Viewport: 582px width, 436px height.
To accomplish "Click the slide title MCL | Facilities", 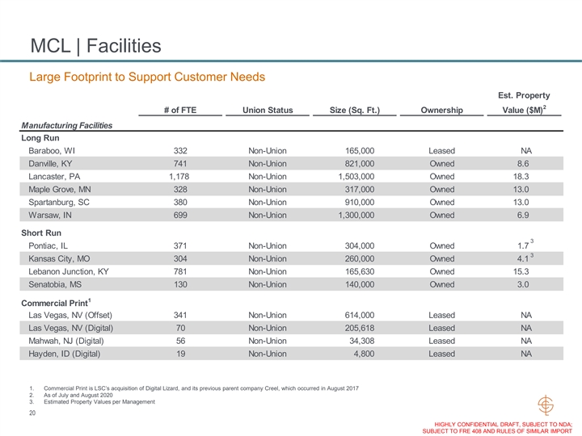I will click(95, 45).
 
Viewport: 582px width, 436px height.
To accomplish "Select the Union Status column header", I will click(268, 110).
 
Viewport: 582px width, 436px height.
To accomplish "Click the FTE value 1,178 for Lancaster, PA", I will click(180, 177).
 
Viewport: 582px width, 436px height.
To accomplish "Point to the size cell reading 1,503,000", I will click(356, 177).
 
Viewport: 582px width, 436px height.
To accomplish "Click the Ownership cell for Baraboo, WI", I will click(441, 151).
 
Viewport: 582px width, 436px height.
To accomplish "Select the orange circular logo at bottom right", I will click(547, 406).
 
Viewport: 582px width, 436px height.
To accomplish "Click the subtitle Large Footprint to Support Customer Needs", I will click(148, 77).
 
